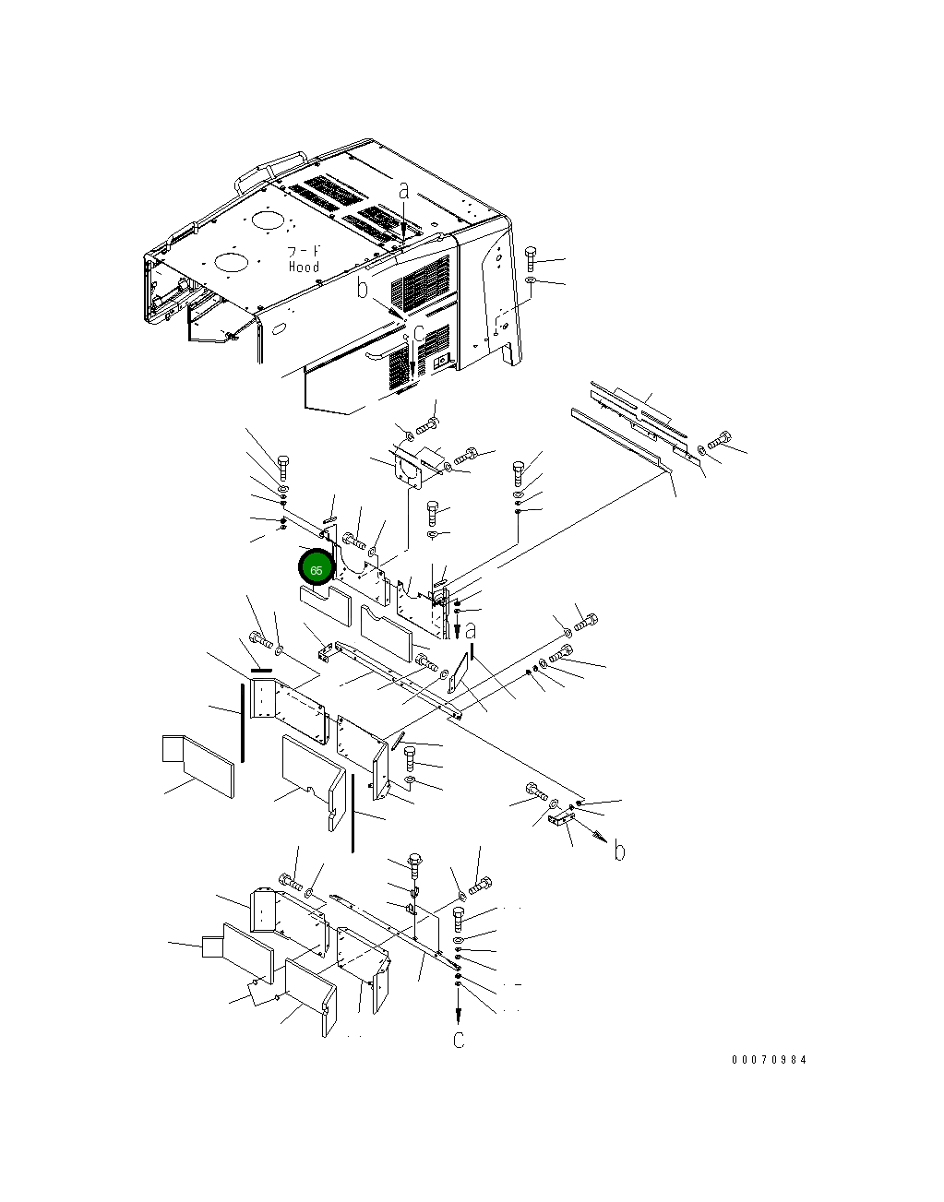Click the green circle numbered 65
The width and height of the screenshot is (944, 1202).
(316, 569)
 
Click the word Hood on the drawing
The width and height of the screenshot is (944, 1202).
(304, 267)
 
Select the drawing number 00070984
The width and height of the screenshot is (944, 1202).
(770, 1059)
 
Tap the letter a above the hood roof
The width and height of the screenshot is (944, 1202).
(404, 191)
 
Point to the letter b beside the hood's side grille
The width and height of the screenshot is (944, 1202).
(363, 288)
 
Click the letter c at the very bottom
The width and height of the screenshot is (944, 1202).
(459, 1039)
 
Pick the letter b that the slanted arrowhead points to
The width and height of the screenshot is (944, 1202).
(620, 851)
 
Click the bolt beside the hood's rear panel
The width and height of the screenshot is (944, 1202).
(530, 259)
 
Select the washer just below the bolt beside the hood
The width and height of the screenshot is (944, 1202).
(530, 280)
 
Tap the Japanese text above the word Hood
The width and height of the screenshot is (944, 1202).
(304, 252)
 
